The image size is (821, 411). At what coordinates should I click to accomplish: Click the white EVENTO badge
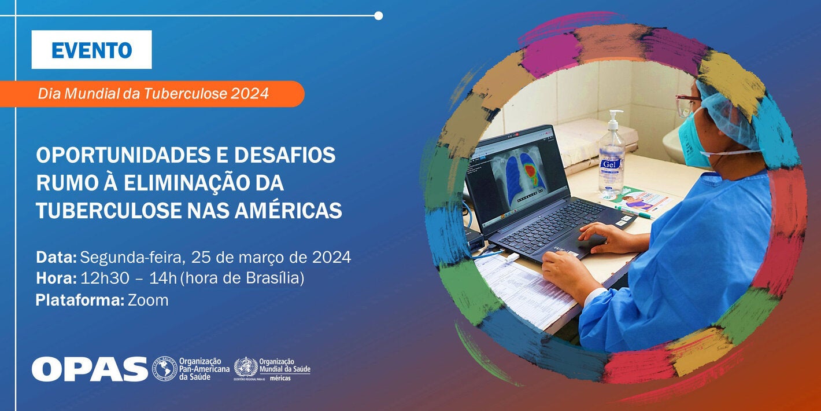91,50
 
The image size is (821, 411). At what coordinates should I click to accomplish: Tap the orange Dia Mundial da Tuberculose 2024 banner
153,94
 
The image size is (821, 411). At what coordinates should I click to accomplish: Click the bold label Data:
56,257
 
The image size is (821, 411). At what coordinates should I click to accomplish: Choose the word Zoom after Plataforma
148,300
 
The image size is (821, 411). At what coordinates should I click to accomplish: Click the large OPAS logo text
90,369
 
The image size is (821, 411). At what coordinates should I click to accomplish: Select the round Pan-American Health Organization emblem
164,368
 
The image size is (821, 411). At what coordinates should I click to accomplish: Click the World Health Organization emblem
246,368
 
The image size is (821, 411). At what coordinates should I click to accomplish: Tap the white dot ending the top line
378,16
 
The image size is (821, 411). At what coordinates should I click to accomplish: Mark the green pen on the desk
634,211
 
